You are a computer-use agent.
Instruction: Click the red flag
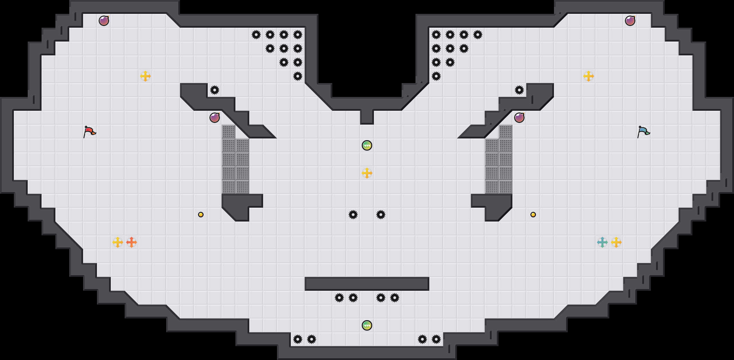[89, 132]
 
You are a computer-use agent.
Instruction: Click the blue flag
[643, 132]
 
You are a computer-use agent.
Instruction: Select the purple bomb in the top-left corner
[104, 21]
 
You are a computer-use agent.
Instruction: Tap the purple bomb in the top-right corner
[630, 21]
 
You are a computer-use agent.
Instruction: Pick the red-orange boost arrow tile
[132, 242]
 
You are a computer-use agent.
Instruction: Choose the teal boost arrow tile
[602, 242]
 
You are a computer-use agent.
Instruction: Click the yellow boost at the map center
[367, 173]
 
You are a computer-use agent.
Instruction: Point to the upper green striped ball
[367, 145]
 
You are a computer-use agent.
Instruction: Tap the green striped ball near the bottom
[367, 325]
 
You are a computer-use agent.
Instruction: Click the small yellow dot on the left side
[201, 215]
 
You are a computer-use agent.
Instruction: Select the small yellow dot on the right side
[533, 215]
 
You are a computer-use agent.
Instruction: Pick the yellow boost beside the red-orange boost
[118, 242]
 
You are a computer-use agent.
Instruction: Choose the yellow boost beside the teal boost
[616, 242]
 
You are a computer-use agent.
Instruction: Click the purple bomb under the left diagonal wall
[215, 118]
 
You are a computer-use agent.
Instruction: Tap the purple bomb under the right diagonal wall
[519, 118]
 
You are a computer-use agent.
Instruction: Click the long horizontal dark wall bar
[367, 284]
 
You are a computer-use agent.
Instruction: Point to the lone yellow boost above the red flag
[145, 76]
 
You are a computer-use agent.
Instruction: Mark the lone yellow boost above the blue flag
[589, 76]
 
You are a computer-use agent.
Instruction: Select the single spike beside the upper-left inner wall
[215, 90]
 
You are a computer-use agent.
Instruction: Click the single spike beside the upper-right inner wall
[519, 90]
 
